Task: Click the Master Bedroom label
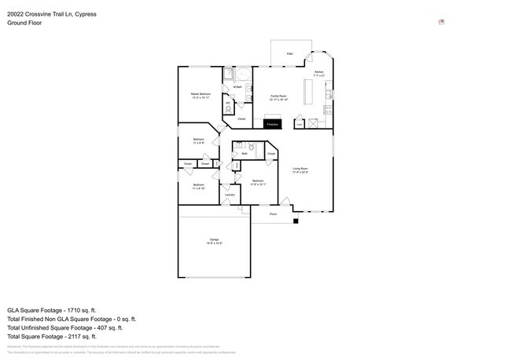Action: click(200, 95)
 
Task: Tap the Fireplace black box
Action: click(273, 124)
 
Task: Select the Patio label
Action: click(289, 53)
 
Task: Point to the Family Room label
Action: click(278, 97)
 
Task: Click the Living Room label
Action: click(300, 170)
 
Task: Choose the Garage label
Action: click(214, 240)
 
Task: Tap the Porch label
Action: click(273, 213)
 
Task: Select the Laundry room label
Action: click(230, 195)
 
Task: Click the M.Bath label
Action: click(248, 87)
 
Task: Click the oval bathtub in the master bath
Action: click(242, 75)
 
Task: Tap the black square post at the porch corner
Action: click(296, 221)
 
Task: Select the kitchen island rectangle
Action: click(308, 90)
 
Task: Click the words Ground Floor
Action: click(24, 23)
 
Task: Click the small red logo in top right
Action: click(442, 21)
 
